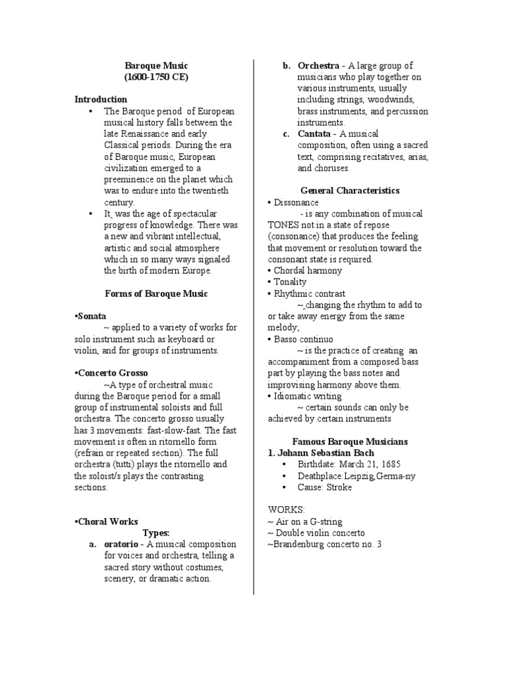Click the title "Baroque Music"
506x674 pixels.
pos(156,66)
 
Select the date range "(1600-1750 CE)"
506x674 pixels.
pos(156,77)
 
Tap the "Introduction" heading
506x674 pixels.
pos(101,99)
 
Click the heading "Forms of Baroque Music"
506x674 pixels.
pos(157,294)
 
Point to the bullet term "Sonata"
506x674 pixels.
pos(92,317)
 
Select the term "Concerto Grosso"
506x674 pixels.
pos(112,373)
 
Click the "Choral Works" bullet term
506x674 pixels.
pos(107,521)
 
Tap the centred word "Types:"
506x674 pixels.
pos(157,532)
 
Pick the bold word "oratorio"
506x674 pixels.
pos(123,544)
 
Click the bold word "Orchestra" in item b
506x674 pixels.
pos(319,66)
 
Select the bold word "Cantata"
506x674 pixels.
pos(314,134)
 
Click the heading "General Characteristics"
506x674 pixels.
pos(350,190)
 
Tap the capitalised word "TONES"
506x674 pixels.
pos(284,224)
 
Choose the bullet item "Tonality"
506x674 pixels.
pos(289,282)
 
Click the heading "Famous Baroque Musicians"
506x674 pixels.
pos(350,441)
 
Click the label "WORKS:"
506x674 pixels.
pos(285,510)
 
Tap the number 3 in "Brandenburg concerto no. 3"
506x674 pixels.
pos(379,544)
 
